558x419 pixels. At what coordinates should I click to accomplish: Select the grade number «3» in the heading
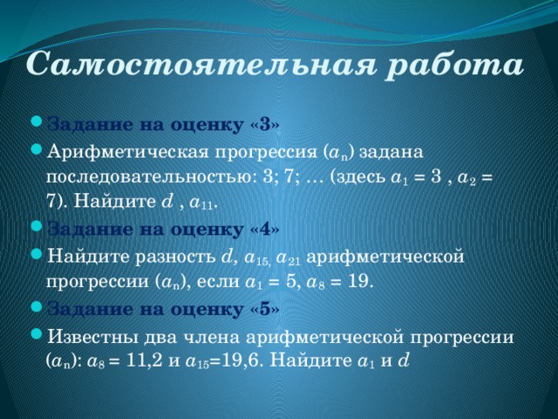(265, 125)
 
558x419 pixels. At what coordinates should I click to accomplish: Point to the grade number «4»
(265, 230)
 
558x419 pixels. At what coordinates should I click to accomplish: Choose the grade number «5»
(265, 309)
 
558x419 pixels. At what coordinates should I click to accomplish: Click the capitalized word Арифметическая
(127, 154)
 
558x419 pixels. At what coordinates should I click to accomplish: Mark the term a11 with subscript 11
(201, 203)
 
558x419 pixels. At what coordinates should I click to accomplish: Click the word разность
(175, 258)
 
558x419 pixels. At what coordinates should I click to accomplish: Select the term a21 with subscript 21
(289, 258)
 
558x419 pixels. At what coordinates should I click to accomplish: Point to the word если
(218, 282)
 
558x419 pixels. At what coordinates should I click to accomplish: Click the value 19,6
(242, 361)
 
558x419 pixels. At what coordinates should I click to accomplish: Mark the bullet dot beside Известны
(37, 333)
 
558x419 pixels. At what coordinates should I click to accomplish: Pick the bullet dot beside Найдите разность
(37, 254)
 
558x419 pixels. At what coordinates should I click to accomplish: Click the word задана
(391, 154)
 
